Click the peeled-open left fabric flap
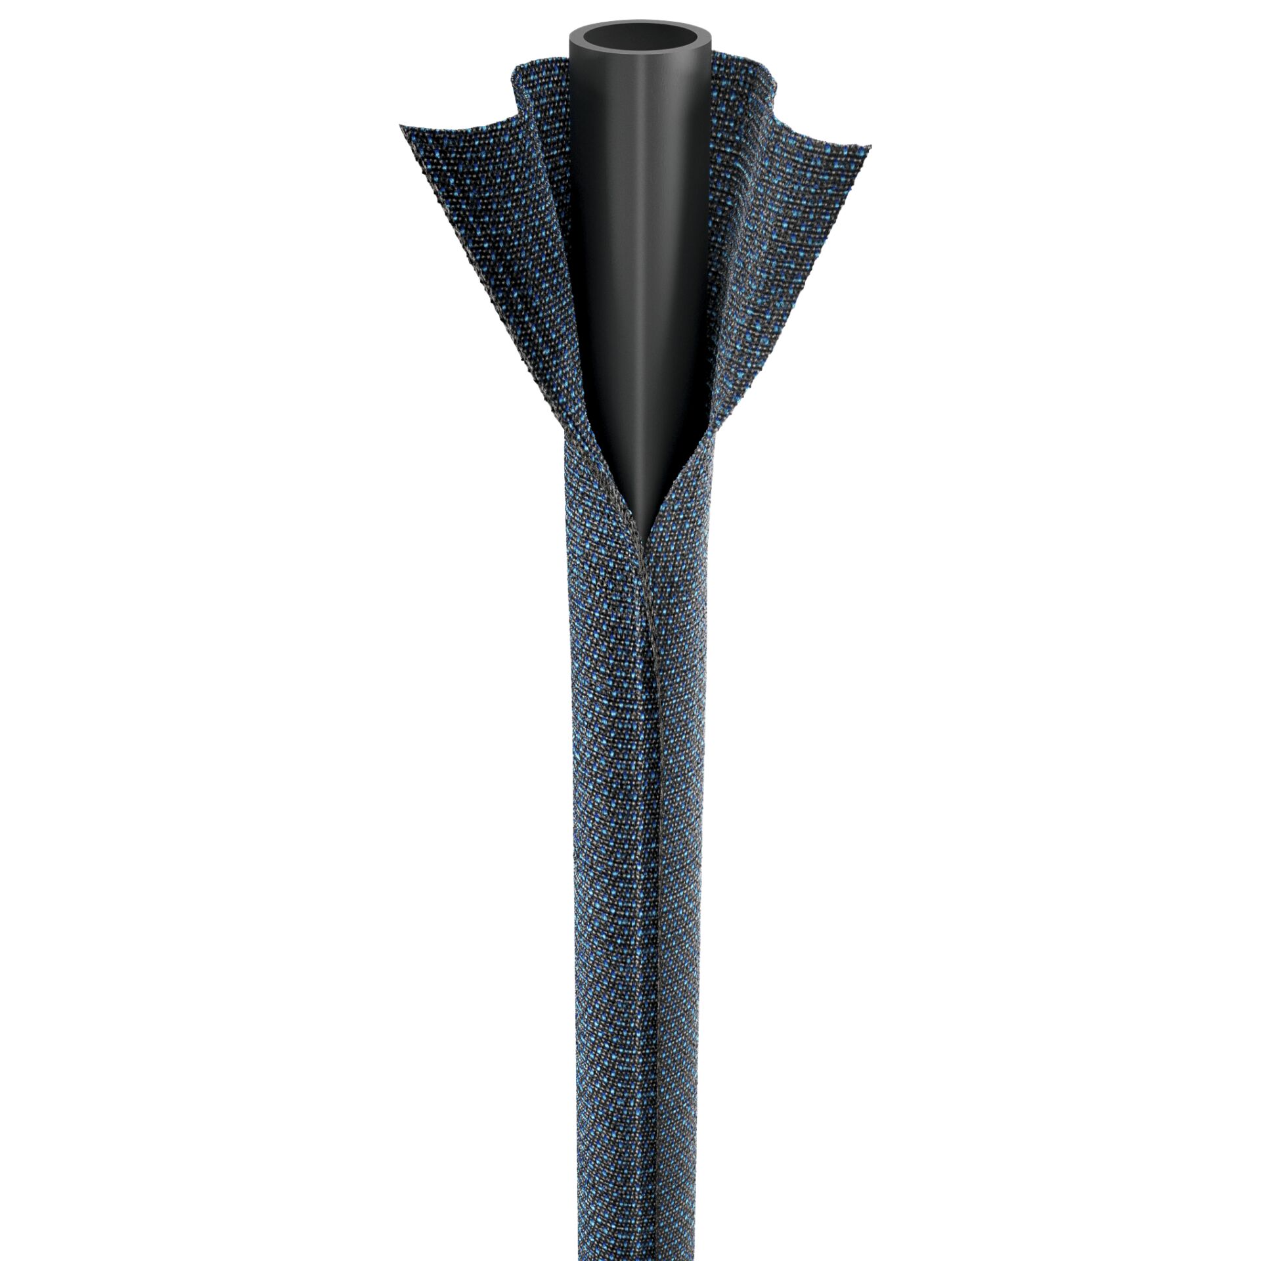click(499, 250)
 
